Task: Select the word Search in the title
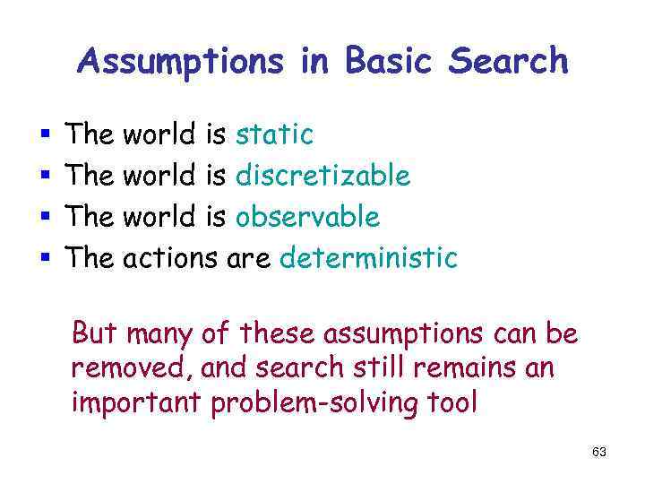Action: (x=508, y=61)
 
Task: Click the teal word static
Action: (x=274, y=134)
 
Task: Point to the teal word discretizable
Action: (x=322, y=176)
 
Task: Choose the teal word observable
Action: (x=307, y=217)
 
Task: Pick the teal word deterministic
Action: (x=369, y=258)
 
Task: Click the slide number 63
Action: (x=599, y=453)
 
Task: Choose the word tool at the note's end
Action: (x=453, y=402)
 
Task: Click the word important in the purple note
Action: (x=136, y=403)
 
